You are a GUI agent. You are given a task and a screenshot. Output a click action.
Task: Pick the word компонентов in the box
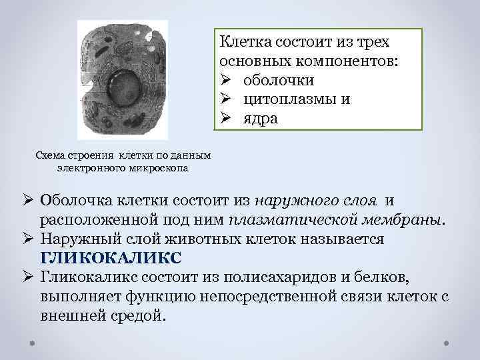355,61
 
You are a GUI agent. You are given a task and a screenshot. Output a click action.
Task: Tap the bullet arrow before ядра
225,118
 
